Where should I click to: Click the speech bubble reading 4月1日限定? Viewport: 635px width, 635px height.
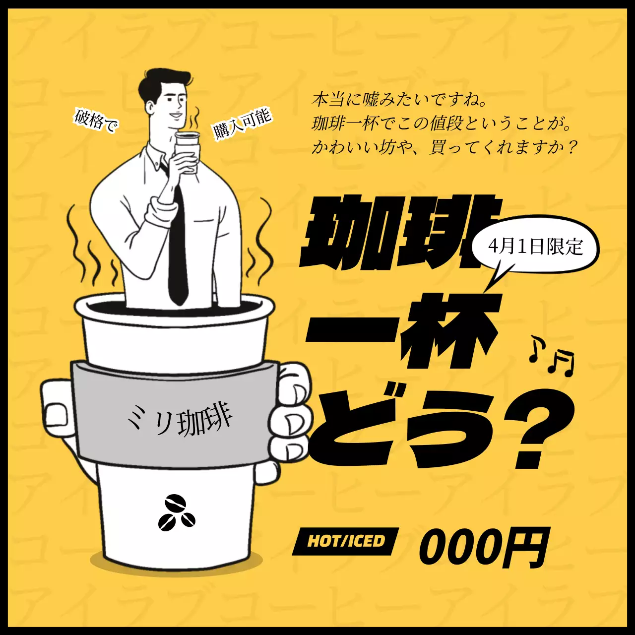[x=535, y=247]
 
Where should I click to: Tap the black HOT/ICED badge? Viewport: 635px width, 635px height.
[x=346, y=541]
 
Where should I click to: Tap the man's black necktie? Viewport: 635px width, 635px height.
[x=177, y=248]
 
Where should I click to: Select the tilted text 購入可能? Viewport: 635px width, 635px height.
[x=242, y=124]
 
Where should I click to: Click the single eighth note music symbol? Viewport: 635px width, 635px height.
[x=536, y=348]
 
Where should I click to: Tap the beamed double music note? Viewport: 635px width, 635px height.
[x=562, y=363]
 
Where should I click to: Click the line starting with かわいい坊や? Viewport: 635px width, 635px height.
[x=444, y=147]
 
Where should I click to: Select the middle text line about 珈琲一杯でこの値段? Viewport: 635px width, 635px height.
[x=442, y=124]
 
